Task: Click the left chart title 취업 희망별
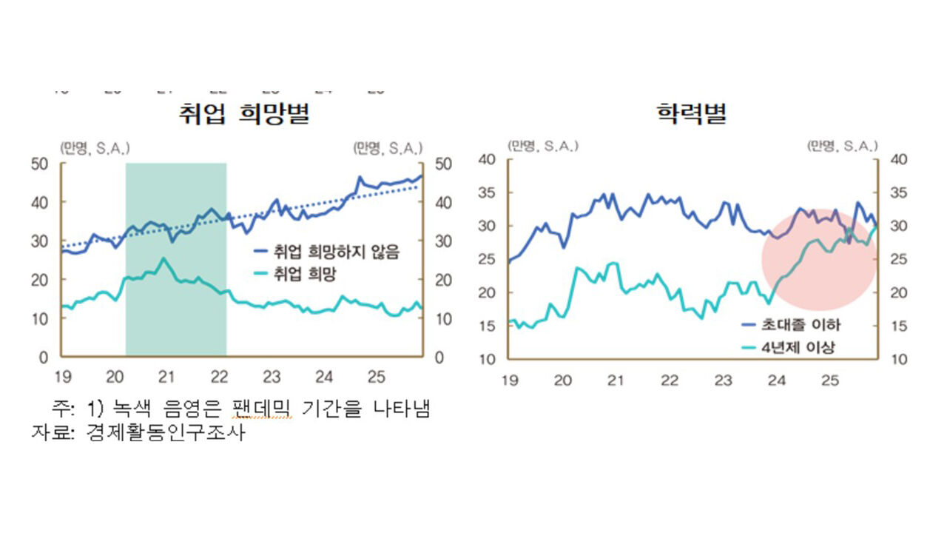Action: (x=243, y=114)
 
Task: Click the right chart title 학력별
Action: (x=691, y=114)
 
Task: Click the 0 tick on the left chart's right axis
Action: (x=439, y=358)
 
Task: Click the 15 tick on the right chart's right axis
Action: (x=897, y=326)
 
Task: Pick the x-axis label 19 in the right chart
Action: (x=509, y=381)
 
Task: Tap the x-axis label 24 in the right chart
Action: (x=776, y=381)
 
